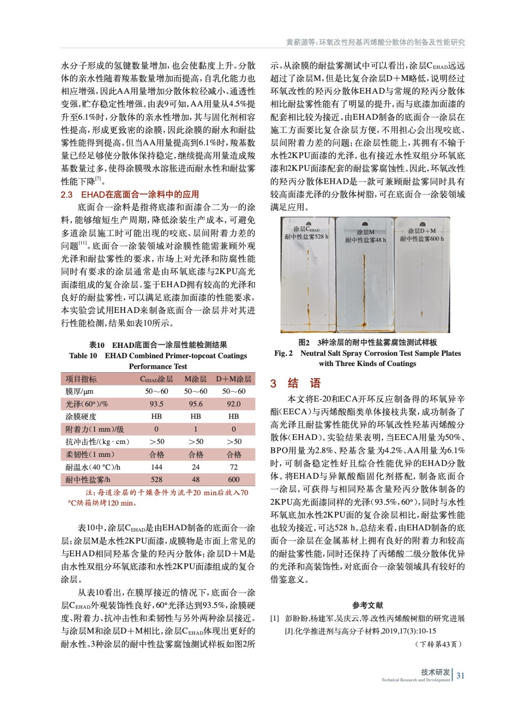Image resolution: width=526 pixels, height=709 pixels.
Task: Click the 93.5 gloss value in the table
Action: pos(156,404)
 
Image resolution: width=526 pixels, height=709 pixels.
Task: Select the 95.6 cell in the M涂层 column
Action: pos(195,404)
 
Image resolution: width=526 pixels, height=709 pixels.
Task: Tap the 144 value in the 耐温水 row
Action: pos(156,467)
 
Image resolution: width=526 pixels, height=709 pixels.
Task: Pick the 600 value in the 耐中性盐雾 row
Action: pos(234,479)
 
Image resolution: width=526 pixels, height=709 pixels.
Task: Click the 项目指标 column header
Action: pos(81,379)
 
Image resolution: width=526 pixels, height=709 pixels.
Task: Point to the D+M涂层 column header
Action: pos(234,379)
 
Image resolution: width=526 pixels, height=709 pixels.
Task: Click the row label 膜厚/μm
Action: pos(80,391)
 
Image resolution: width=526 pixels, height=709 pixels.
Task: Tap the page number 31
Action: pos(460,675)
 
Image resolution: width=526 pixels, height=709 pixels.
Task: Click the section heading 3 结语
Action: pos(295,383)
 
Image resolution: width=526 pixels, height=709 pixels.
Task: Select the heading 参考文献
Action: pos(367,605)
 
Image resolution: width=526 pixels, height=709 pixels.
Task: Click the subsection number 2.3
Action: pos(66,195)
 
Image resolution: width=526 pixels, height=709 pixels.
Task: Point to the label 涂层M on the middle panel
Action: pos(366,232)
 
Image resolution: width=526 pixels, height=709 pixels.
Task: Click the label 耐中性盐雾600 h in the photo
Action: pos(422,239)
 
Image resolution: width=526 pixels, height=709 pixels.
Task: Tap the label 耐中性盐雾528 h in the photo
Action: pos(306,237)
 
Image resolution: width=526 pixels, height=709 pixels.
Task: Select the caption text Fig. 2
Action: pos(283,353)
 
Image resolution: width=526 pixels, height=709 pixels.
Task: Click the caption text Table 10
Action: pos(83,355)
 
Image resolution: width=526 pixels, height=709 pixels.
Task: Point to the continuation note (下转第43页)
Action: pos(438,644)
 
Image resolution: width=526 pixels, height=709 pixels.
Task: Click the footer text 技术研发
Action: pos(435,672)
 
